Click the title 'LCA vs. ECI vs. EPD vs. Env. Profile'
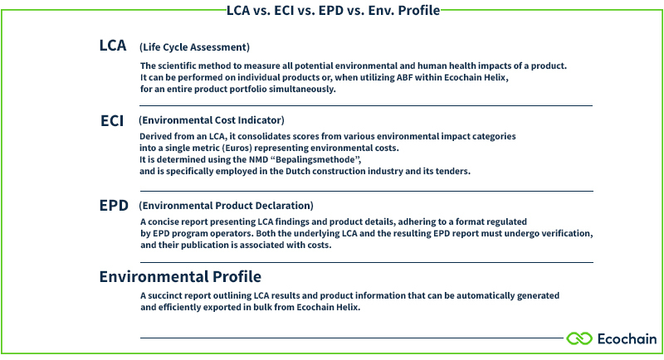click(x=333, y=11)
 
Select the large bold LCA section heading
click(x=113, y=46)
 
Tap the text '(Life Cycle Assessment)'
click(x=194, y=47)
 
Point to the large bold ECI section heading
click(x=112, y=120)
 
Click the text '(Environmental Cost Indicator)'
click(x=212, y=120)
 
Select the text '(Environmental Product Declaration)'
click(x=226, y=205)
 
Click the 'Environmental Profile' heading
click(x=180, y=276)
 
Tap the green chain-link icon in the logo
click(x=579, y=338)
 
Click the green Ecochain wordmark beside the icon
click(x=627, y=338)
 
